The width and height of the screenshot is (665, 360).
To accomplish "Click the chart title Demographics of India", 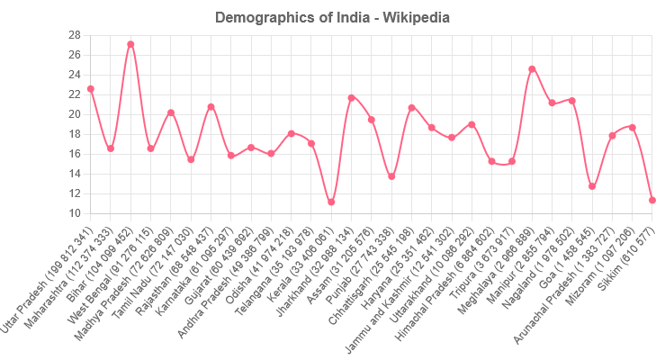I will click(x=333, y=17).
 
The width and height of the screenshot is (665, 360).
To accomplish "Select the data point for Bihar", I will click(x=130, y=44).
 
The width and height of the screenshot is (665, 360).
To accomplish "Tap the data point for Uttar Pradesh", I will click(x=91, y=89).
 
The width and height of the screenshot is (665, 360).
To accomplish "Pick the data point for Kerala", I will click(x=331, y=202).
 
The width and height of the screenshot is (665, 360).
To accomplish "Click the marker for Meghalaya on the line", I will click(x=532, y=68).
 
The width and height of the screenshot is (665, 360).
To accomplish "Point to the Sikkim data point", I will click(x=652, y=200).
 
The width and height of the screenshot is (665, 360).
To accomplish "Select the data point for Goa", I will click(x=592, y=187).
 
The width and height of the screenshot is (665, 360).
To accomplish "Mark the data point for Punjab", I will click(x=391, y=176).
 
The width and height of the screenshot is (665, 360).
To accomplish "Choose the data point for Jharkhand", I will click(x=351, y=97).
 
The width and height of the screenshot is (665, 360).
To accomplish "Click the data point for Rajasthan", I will click(x=211, y=106).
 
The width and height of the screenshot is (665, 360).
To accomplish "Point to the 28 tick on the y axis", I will click(x=74, y=35).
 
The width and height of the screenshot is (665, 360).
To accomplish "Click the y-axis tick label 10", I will click(x=74, y=213).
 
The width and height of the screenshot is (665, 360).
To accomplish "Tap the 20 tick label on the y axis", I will click(x=74, y=114).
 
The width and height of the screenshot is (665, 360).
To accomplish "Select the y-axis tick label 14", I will click(x=74, y=174).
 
